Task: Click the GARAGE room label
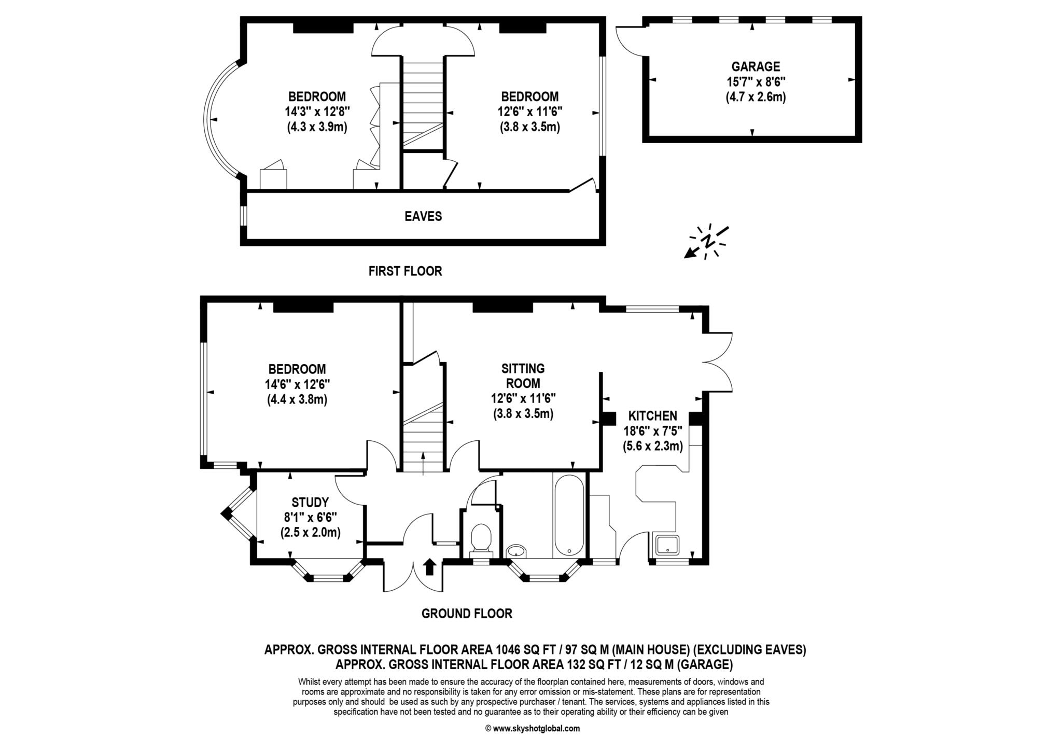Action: pyautogui.click(x=755, y=66)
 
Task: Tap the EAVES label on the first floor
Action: pyautogui.click(x=423, y=216)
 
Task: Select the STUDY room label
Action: pyautogui.click(x=310, y=502)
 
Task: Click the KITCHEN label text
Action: pyautogui.click(x=652, y=415)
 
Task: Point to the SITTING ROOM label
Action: pyautogui.click(x=523, y=376)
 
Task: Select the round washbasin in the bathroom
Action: pyautogui.click(x=515, y=551)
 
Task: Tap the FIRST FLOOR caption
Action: pyautogui.click(x=405, y=271)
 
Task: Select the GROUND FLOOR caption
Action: pyautogui.click(x=467, y=614)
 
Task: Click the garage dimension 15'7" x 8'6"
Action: pyautogui.click(x=756, y=81)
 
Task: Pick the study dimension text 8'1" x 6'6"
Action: pyautogui.click(x=310, y=517)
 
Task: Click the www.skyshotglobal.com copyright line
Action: pyautogui.click(x=533, y=728)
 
